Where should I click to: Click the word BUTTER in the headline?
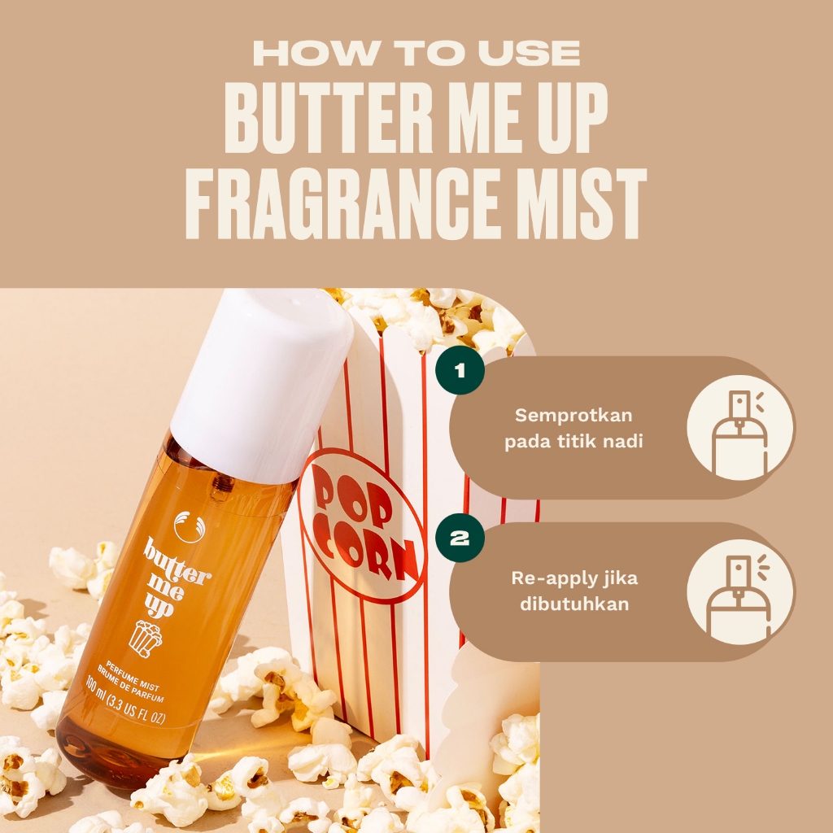[329, 118]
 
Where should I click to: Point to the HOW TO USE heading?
[416, 53]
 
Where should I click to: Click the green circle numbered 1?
[460, 370]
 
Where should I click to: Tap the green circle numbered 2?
[460, 538]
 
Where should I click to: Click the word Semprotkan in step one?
[574, 416]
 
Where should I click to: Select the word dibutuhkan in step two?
[574, 604]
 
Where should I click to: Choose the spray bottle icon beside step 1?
[740, 428]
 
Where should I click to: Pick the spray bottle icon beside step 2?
[740, 593]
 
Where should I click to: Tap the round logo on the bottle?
[190, 526]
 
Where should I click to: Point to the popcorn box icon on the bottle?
[145, 638]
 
